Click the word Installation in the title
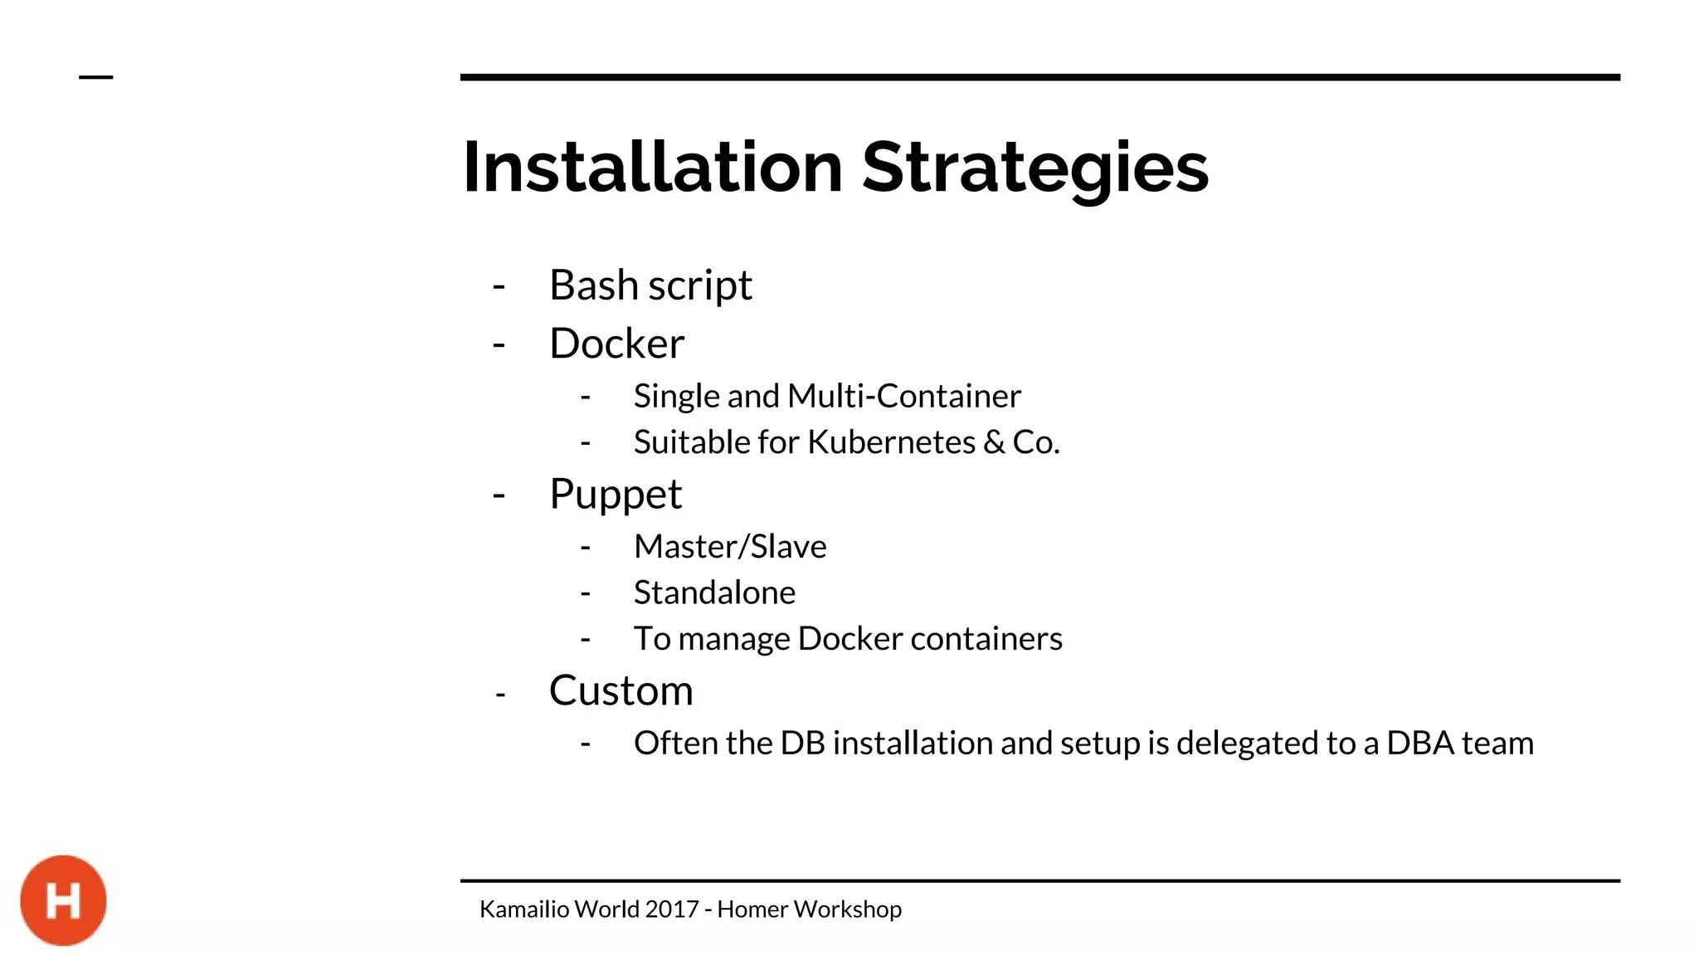pos(653,168)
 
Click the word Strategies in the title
pos(1035,168)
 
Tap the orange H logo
pos(63,900)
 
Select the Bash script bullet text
pos(650,285)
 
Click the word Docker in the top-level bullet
pos(616,344)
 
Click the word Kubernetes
pos(891,442)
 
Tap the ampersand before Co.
pos(994,442)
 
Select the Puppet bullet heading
pos(616,495)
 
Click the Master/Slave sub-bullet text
pos(730,547)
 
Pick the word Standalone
pos(714,593)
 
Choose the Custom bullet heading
pos(621,690)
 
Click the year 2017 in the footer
pos(672,910)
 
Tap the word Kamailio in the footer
pos(524,910)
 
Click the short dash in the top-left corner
pos(95,77)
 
